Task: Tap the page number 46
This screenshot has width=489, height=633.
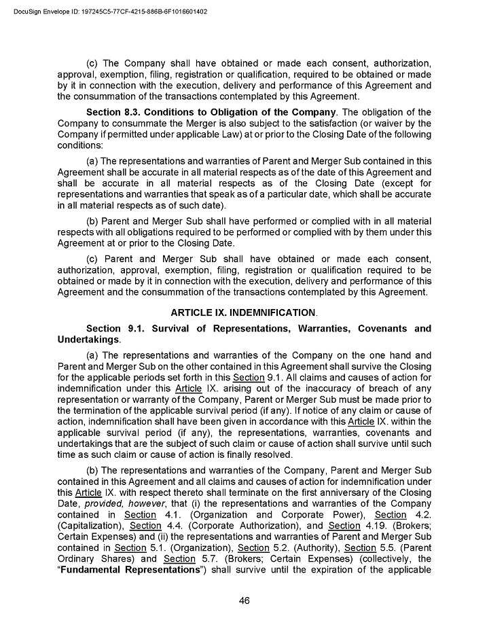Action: click(244, 600)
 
